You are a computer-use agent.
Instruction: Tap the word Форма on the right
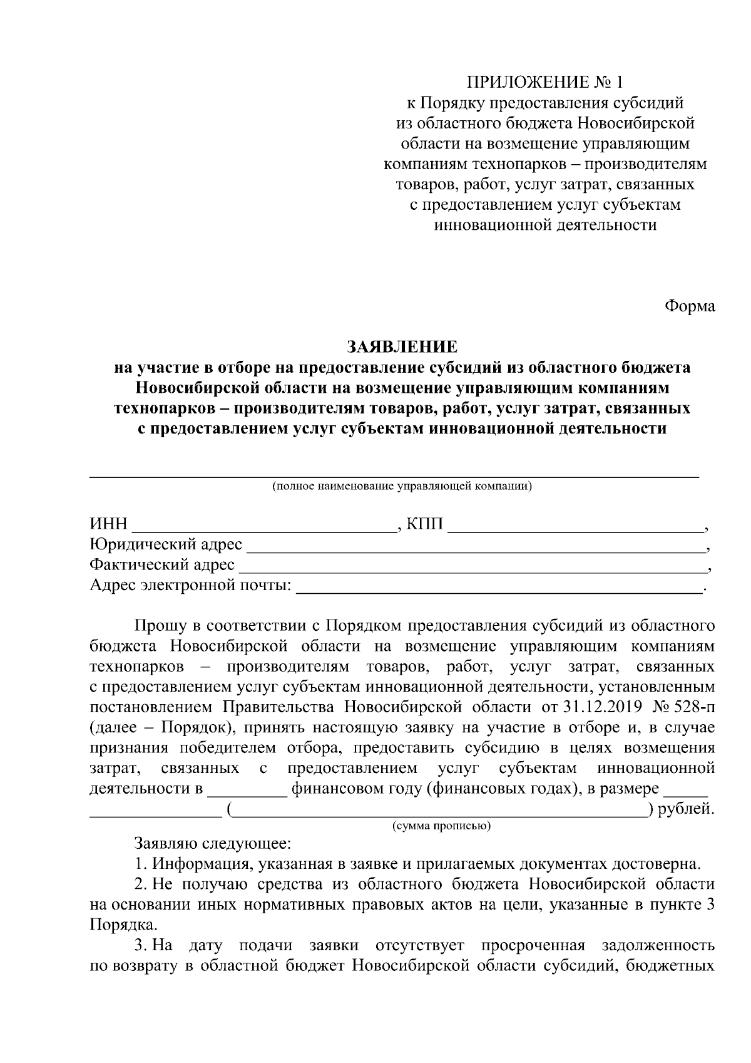coord(689,307)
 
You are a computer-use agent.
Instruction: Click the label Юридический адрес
coord(166,545)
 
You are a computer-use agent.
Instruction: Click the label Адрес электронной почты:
coord(190,586)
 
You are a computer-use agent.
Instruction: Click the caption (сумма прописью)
coord(441,826)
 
